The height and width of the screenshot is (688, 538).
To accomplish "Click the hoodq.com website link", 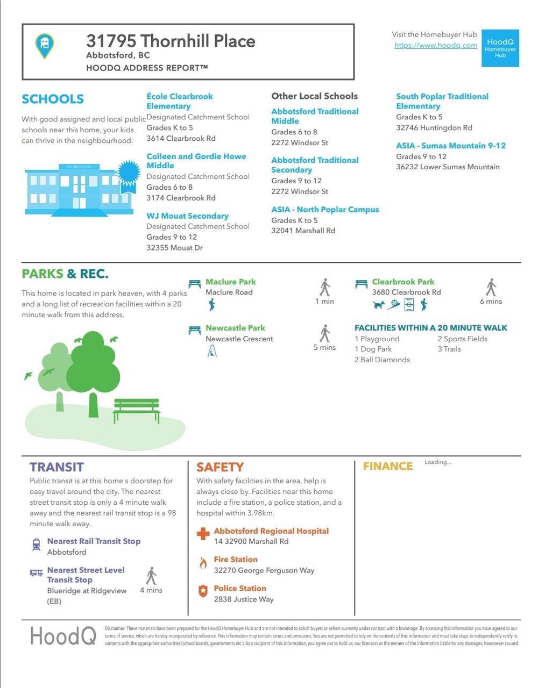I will (x=435, y=45).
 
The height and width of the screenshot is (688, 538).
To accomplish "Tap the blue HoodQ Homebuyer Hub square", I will (x=500, y=48).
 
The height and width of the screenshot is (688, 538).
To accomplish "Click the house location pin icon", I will (x=45, y=46).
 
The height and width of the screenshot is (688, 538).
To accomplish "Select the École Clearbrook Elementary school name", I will (x=180, y=101).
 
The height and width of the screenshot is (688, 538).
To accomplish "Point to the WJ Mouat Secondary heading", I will (x=187, y=216).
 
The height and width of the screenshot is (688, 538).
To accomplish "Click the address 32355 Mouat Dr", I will (x=174, y=248).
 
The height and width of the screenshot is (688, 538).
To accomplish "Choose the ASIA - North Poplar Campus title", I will (x=325, y=210).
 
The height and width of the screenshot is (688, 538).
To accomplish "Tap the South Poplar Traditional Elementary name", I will (x=442, y=101).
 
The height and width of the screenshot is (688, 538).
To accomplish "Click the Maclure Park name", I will (x=230, y=282).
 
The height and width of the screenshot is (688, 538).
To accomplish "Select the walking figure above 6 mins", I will (x=491, y=287).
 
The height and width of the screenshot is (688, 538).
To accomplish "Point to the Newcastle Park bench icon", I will (x=194, y=329).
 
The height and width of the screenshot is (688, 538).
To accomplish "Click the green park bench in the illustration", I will (x=136, y=410).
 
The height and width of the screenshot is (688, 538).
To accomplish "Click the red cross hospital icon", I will (x=203, y=534).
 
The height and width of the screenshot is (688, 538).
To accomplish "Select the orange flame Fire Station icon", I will (x=203, y=563).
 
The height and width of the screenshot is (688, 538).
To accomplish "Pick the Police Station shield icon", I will (x=203, y=591).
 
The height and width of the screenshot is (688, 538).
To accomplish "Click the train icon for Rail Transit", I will (x=36, y=544).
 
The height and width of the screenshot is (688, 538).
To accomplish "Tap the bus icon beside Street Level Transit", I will (x=36, y=573).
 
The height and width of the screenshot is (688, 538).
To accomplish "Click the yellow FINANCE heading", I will (x=387, y=467).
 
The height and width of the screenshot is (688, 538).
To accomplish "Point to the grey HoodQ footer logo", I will (x=63, y=636).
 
